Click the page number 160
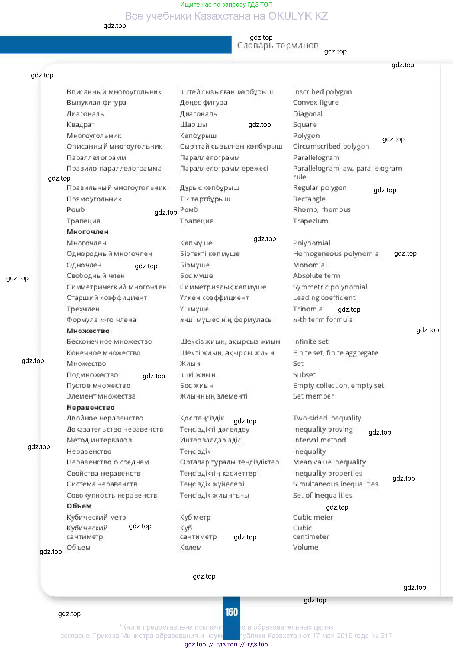coord(231,612)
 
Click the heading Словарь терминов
coord(278,45)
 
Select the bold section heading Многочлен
coord(87,232)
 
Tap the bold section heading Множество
coord(88,331)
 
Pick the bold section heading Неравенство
coord(91,407)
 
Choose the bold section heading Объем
coord(79,506)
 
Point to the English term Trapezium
coord(310,221)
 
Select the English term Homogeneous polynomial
coord(337,254)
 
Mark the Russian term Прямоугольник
coord(94,199)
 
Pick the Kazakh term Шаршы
coord(193,124)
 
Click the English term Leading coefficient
coord(324,298)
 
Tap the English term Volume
coord(305,547)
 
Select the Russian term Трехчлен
coord(83,309)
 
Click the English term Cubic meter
coord(313,517)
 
